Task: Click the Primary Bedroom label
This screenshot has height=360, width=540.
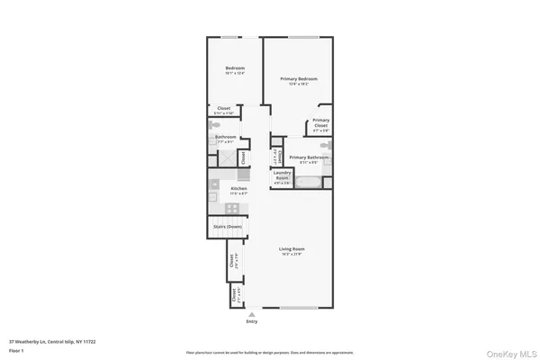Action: tap(299, 79)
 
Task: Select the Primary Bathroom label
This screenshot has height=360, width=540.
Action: tap(309, 158)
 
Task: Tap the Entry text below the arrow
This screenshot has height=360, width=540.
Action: tap(251, 320)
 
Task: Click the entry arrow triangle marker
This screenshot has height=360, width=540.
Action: tap(251, 313)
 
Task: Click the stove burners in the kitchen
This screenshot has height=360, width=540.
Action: tap(232, 208)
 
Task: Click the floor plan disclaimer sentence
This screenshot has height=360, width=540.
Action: tap(270, 352)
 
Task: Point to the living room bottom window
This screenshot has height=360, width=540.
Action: tap(296, 309)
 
